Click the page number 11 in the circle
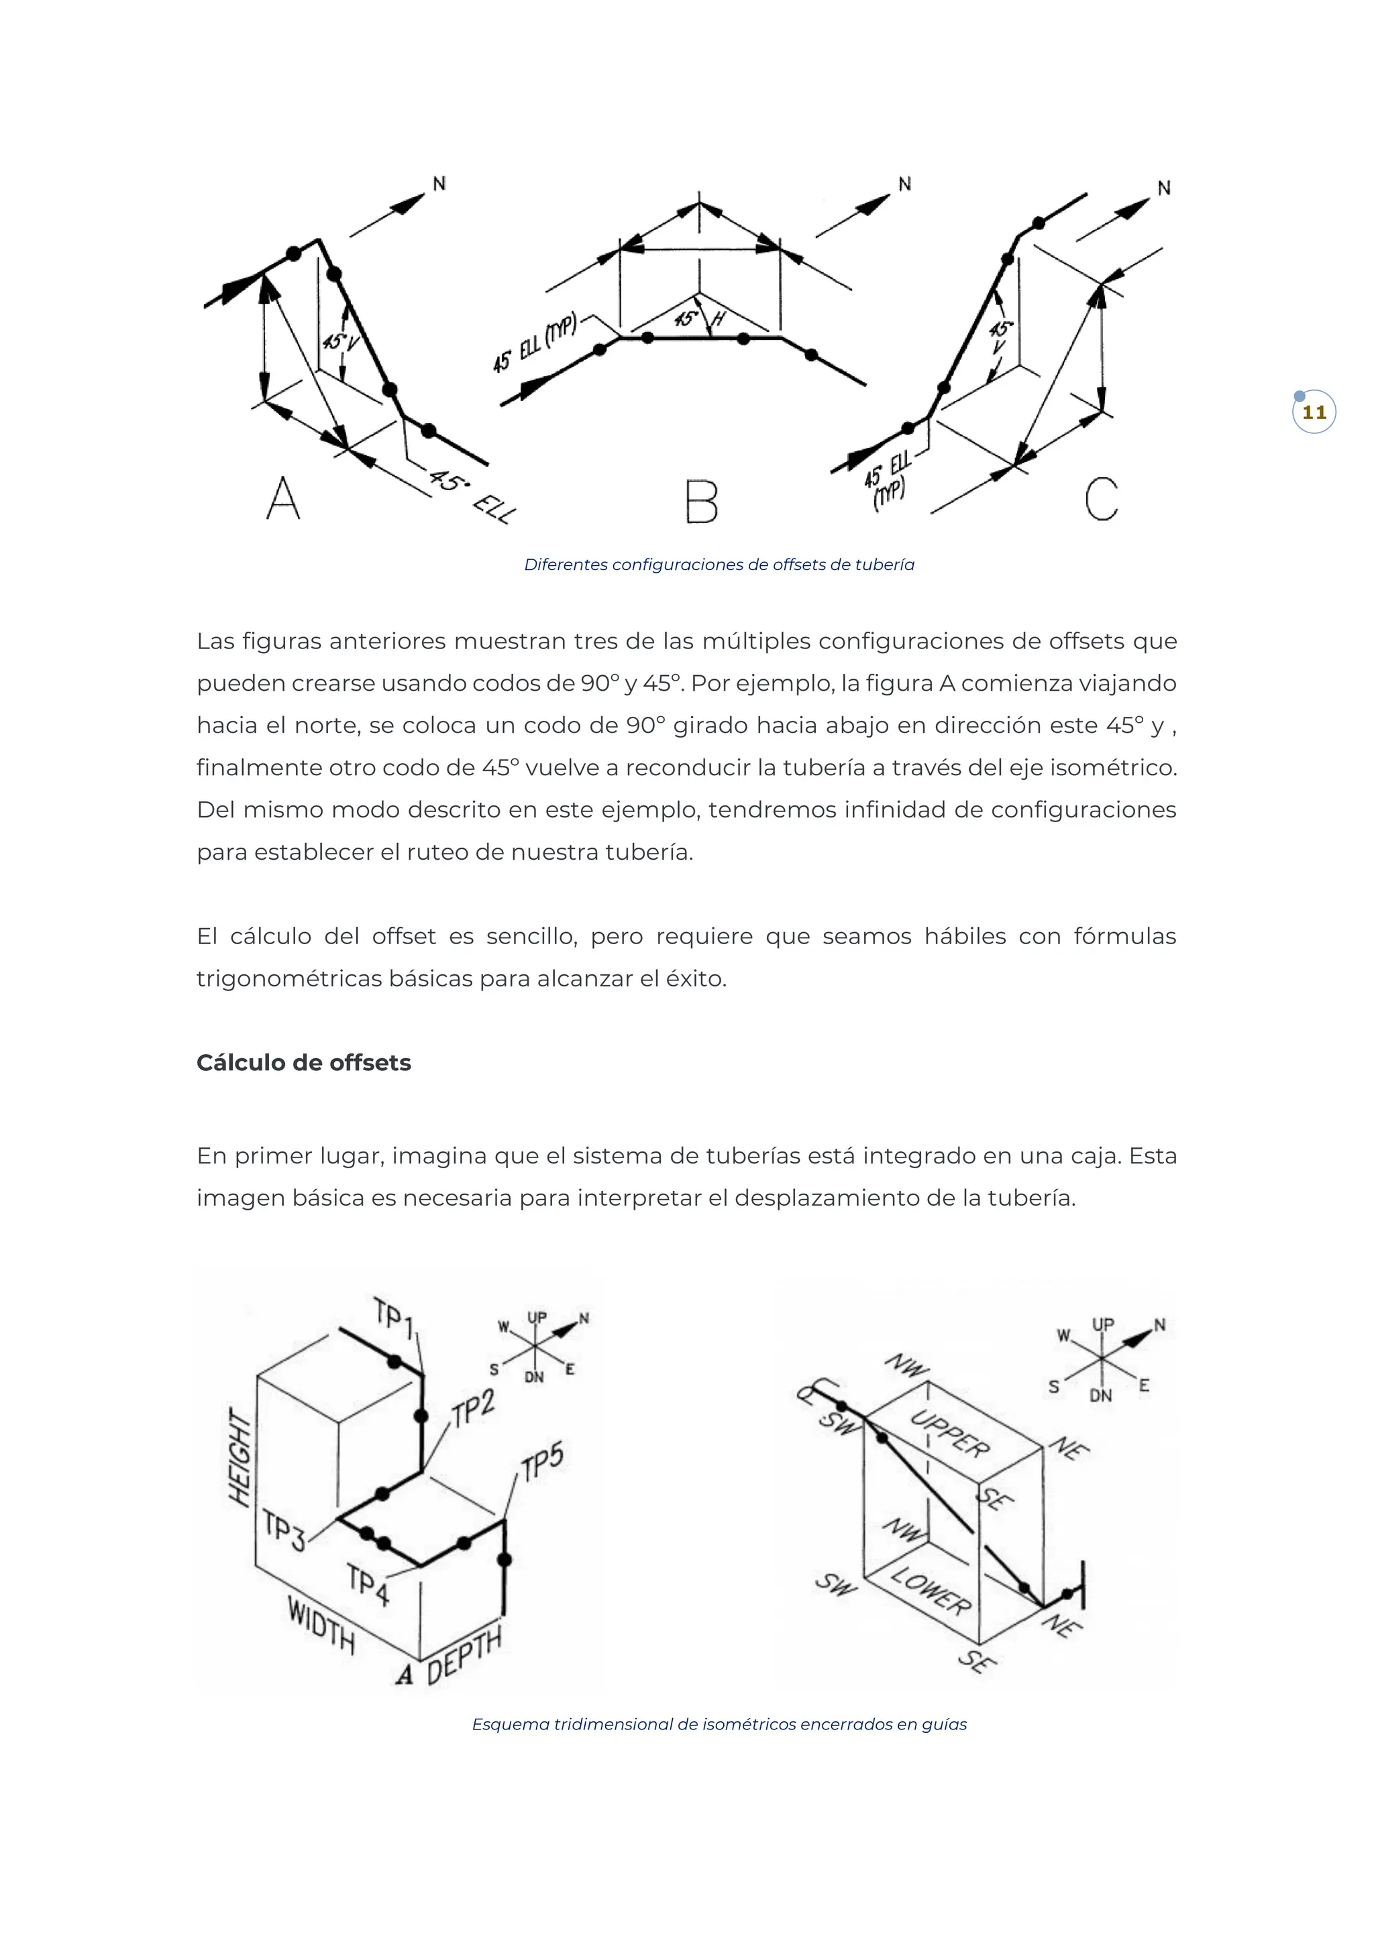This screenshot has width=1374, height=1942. tap(1313, 413)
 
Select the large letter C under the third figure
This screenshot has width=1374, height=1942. tap(1102, 498)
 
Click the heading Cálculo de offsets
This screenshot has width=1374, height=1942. tap(304, 1063)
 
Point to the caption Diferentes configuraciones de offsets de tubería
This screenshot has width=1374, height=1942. tap(719, 565)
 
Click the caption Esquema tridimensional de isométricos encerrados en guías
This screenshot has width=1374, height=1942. tap(719, 1724)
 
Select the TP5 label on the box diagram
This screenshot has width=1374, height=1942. tap(542, 1463)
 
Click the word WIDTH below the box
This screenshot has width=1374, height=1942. tap(321, 1625)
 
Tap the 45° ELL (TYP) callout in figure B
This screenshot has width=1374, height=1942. tap(535, 343)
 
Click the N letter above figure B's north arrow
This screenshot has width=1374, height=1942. tap(904, 184)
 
